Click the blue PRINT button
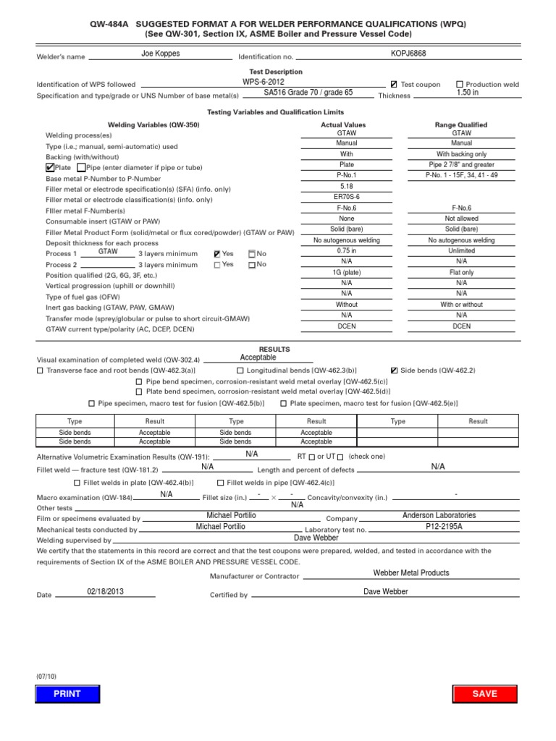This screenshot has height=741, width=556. click(67, 693)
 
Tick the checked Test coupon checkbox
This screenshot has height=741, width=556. click(394, 85)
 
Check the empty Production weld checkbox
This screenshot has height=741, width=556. click(460, 85)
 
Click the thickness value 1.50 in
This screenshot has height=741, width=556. click(467, 93)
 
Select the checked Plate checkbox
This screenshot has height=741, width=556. click(49, 167)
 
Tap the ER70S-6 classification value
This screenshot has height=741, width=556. click(345, 197)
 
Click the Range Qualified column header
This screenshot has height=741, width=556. click(461, 125)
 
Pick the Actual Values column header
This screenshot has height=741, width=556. click(343, 125)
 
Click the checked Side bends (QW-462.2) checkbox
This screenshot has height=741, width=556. click(394, 370)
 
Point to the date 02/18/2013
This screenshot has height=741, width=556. click(106, 591)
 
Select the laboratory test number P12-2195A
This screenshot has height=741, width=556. click(444, 527)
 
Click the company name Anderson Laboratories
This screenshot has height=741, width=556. click(439, 515)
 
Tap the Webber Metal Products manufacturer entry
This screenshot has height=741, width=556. click(410, 572)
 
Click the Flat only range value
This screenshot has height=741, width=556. click(461, 272)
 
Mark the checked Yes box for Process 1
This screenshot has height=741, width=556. click(217, 254)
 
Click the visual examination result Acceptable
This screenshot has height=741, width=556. click(258, 357)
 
